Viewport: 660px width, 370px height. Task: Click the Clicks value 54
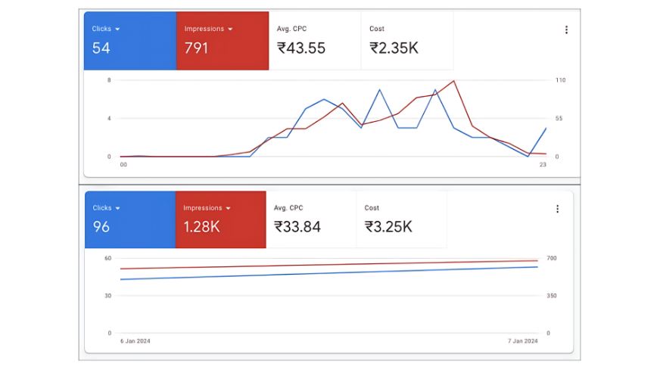[101, 48]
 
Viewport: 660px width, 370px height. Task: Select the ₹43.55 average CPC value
[302, 48]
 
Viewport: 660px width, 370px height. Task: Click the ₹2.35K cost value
[394, 48]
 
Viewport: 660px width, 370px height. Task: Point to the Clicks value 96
[101, 226]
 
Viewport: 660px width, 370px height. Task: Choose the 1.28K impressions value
[202, 226]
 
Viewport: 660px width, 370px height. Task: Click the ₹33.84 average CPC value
[297, 226]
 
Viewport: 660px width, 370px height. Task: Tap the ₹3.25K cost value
[389, 226]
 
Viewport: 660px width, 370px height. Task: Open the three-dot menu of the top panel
[566, 30]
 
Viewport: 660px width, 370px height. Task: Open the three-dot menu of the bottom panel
[558, 209]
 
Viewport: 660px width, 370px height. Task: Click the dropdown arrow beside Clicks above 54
[118, 29]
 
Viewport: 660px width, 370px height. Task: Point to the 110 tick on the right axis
[561, 80]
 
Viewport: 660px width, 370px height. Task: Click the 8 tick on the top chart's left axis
[109, 80]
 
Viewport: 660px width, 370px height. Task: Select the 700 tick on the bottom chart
[552, 258]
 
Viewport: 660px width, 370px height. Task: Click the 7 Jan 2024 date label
[522, 341]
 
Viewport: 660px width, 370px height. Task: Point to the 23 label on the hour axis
[542, 164]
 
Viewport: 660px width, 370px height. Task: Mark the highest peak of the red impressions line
[453, 80]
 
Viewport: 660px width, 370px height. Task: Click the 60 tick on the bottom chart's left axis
[108, 258]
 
